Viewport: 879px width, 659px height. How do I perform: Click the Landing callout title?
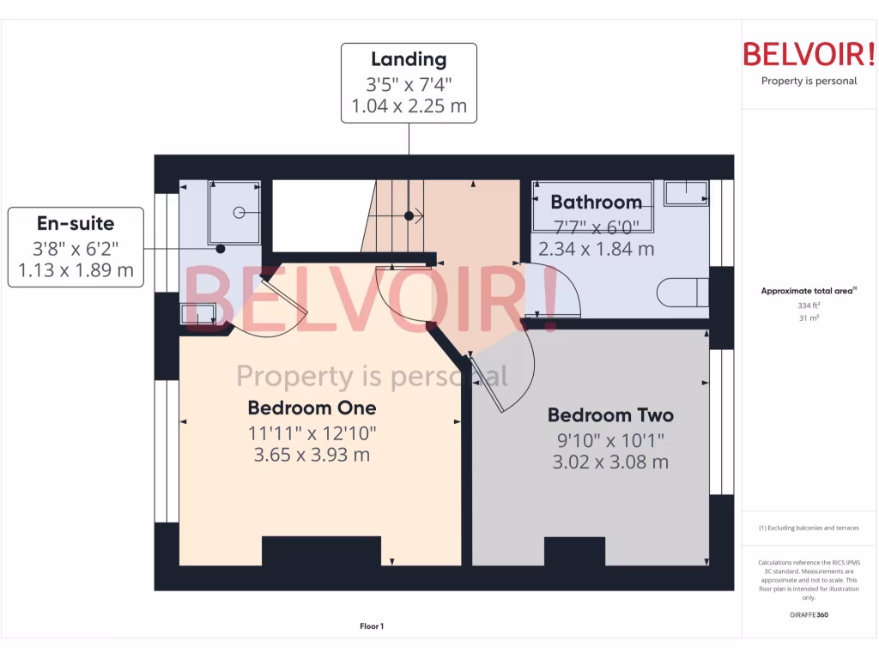coord(409,59)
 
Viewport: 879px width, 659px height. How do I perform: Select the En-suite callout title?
coord(76,224)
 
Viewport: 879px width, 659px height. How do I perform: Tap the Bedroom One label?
coord(312,407)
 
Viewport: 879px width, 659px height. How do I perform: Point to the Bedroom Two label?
coord(610,415)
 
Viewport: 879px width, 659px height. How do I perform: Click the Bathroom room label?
coord(596,203)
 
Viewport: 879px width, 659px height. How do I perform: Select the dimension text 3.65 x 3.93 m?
coord(312,455)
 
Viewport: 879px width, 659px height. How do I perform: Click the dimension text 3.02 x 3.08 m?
coord(610,463)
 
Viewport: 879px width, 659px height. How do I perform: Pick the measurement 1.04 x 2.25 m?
coord(409,107)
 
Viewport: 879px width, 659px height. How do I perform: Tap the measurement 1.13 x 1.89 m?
coord(76,271)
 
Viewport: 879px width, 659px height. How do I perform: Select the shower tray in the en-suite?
coord(234,211)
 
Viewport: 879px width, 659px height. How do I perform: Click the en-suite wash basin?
coord(198,315)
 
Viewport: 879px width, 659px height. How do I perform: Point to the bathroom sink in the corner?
coord(686,193)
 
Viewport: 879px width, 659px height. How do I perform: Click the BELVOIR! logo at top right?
coord(809,55)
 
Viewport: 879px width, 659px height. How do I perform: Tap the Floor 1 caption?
coord(372,627)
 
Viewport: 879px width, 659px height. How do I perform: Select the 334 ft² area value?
coord(809,305)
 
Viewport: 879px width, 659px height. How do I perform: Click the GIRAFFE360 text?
coord(809,615)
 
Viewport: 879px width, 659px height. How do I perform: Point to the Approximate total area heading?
coord(808,291)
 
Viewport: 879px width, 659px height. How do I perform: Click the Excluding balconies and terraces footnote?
coord(809,528)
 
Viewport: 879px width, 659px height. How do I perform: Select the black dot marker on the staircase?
coord(409,215)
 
